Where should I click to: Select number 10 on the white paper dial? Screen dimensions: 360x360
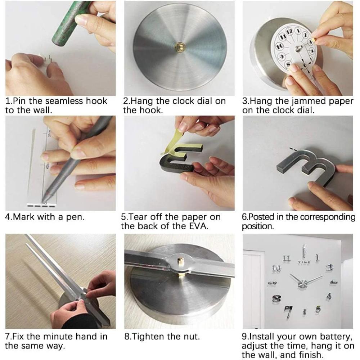click(x=279, y=46)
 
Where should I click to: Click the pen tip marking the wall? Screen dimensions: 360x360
click(x=44, y=201)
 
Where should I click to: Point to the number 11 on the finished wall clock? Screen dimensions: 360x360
click(x=287, y=258)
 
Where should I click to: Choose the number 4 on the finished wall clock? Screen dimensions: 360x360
click(x=329, y=296)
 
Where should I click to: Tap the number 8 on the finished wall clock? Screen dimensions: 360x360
click(x=276, y=298)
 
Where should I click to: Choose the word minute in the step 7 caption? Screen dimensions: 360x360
click(x=58, y=337)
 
